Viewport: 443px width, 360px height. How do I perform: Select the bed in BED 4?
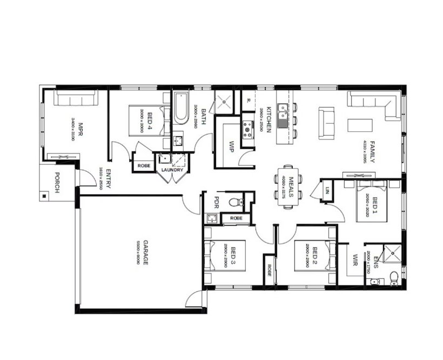pos(145,120)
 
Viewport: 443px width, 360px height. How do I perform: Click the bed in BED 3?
pos(225,257)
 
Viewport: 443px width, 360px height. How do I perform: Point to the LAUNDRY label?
pos(172,171)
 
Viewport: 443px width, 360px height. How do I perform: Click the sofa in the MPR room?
pos(77,99)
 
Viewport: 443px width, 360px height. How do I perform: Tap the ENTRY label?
pos(108,179)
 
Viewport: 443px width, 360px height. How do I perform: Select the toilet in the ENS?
pos(394,277)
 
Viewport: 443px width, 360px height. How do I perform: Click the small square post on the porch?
pos(43,196)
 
